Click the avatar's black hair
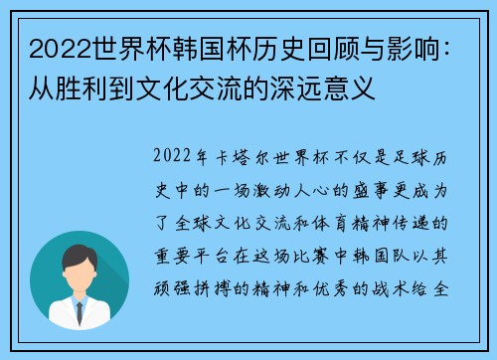tap(80, 256)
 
